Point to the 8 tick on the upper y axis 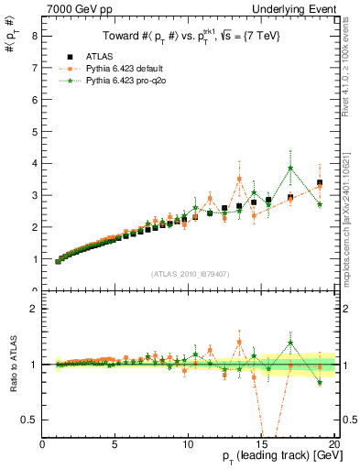(x=34, y=36)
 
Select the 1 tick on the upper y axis (x=34, y=259)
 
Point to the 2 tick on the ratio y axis (x=34, y=309)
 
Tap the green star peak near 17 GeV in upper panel (x=290, y=168)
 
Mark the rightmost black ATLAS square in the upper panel (x=319, y=183)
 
